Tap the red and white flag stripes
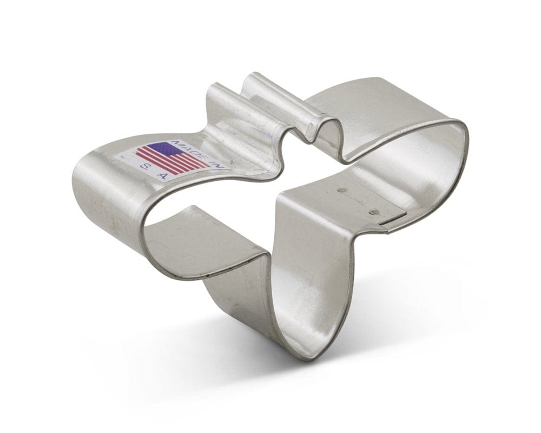click(x=173, y=159)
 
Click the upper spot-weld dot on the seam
click(x=342, y=190)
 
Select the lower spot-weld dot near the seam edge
click(x=372, y=212)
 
